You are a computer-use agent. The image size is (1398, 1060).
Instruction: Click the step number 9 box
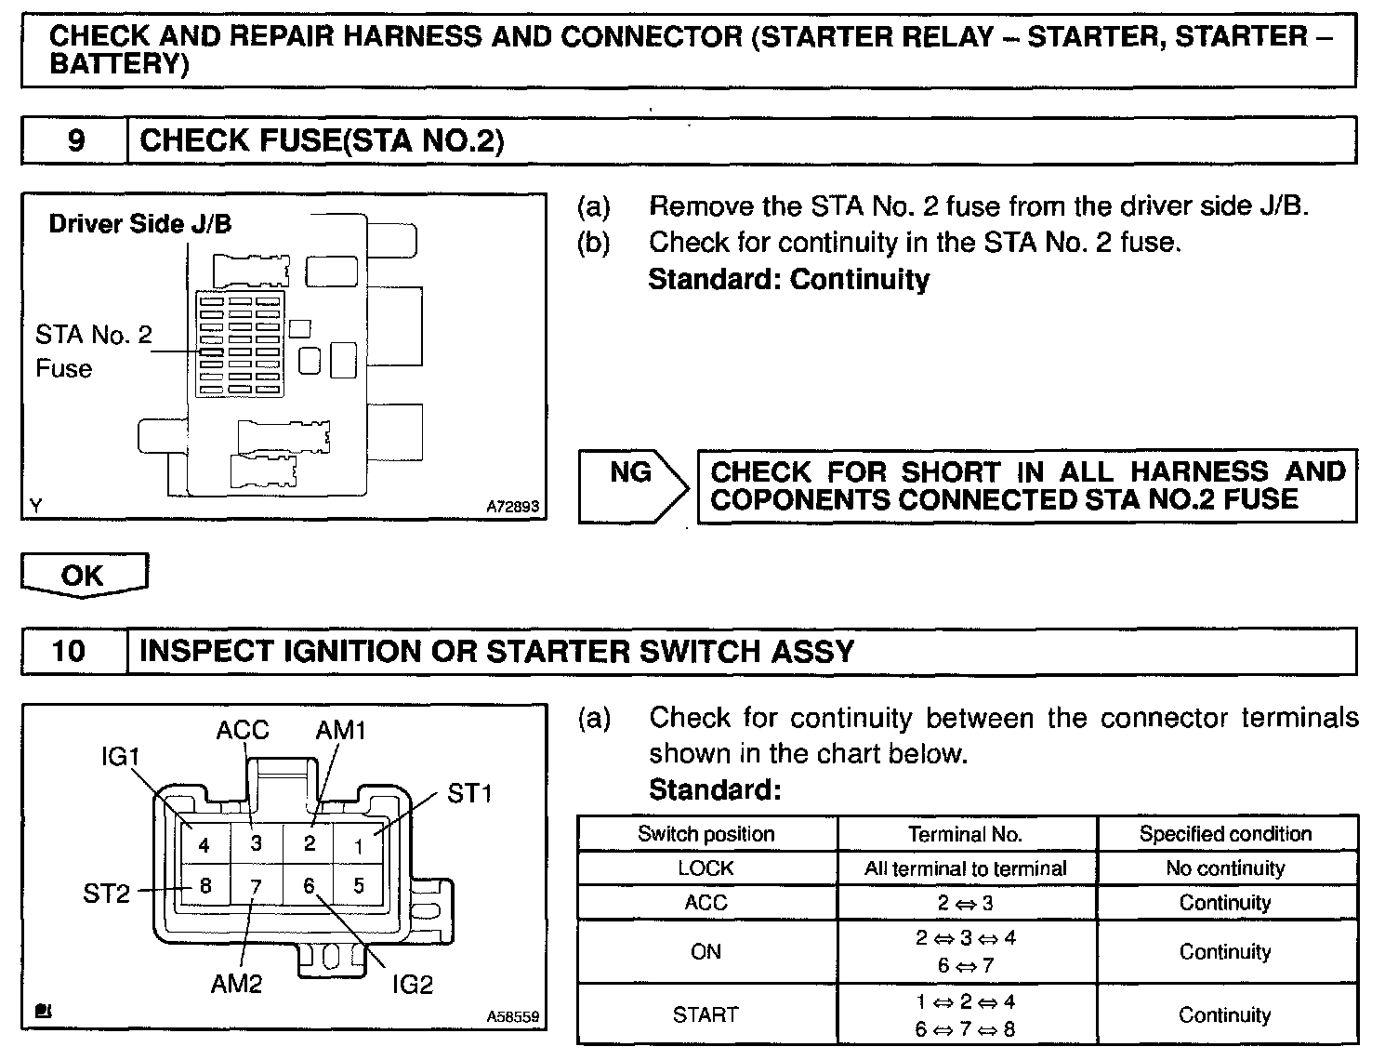pos(74,140)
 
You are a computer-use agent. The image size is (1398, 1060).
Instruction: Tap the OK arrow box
pos(84,575)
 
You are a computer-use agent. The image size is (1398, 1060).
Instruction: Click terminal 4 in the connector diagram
pos(204,845)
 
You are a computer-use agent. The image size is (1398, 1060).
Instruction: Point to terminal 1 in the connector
pos(359,845)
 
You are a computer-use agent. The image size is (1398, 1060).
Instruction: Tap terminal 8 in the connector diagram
pos(205,886)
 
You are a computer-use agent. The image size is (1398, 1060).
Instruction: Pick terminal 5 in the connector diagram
pos(359,886)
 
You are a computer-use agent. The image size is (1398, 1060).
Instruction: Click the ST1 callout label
pos(469,793)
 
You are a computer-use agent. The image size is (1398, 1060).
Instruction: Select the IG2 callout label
pos(412,984)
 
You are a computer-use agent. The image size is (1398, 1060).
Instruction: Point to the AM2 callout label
pos(236,984)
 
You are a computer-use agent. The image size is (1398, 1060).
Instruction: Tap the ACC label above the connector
pos(243,730)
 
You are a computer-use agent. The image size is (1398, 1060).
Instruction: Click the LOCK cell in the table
pos(706,868)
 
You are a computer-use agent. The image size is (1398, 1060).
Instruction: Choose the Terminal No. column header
pos(966,834)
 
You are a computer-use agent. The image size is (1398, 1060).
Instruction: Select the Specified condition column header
pos(1225,834)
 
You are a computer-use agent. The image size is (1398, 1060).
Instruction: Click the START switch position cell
pos(706,1014)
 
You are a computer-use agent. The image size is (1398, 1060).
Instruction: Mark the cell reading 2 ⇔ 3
pos(966,903)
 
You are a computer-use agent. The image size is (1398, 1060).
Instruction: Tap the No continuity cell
pos(1225,868)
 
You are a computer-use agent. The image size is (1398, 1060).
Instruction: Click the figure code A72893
pos(512,508)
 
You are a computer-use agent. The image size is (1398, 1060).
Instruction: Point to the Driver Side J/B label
pos(140,224)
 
